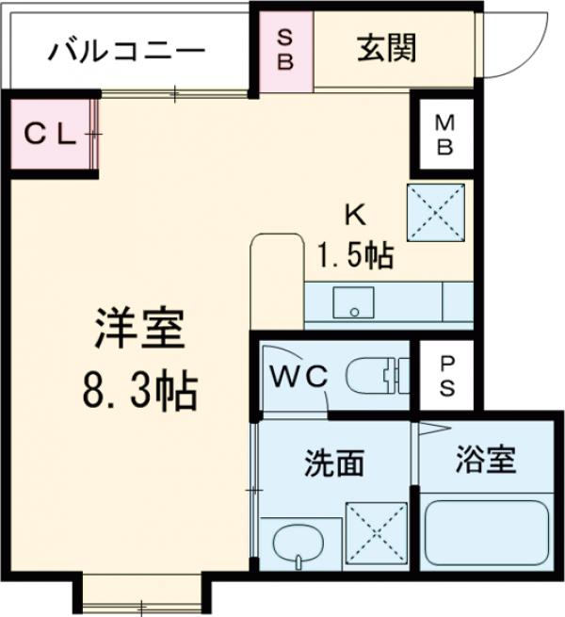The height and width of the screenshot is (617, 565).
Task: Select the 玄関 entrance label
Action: pos(386,47)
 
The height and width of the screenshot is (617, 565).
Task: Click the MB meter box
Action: pos(444,135)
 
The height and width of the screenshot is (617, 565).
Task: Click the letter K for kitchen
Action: pos(354,216)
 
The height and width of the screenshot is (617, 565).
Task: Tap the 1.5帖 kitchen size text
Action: pos(354,254)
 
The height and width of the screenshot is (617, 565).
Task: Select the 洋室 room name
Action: pos(138,332)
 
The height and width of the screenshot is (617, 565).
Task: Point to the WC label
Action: pos(300,374)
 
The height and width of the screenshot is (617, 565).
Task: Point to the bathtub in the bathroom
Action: pos(487,534)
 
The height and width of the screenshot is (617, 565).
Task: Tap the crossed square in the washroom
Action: pos(376,534)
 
